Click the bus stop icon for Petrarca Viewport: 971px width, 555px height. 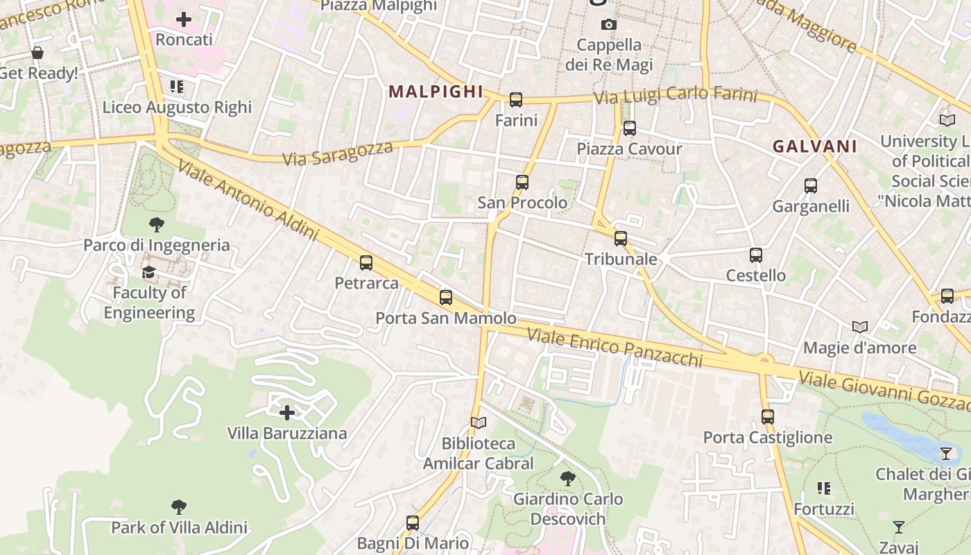366,263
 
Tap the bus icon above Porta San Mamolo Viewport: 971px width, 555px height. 446,298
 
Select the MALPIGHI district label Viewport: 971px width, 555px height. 436,92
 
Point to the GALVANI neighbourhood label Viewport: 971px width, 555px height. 815,146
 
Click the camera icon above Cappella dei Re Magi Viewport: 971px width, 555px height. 609,25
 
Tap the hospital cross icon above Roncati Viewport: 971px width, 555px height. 184,19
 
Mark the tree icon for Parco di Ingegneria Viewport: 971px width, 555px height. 157,224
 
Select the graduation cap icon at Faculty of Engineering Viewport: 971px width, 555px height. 149,272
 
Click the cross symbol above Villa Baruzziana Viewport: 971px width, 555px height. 286,413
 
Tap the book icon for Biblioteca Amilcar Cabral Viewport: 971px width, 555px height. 478,422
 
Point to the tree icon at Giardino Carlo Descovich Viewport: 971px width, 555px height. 568,478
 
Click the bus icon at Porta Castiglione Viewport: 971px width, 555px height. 767,417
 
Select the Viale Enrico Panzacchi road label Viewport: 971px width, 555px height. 615,347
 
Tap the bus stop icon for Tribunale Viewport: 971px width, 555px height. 621,239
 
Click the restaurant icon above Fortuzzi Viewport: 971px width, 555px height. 824,488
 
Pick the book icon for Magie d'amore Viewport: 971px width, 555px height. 860,327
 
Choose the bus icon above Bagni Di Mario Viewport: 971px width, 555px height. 413,522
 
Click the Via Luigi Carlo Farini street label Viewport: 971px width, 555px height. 676,95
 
